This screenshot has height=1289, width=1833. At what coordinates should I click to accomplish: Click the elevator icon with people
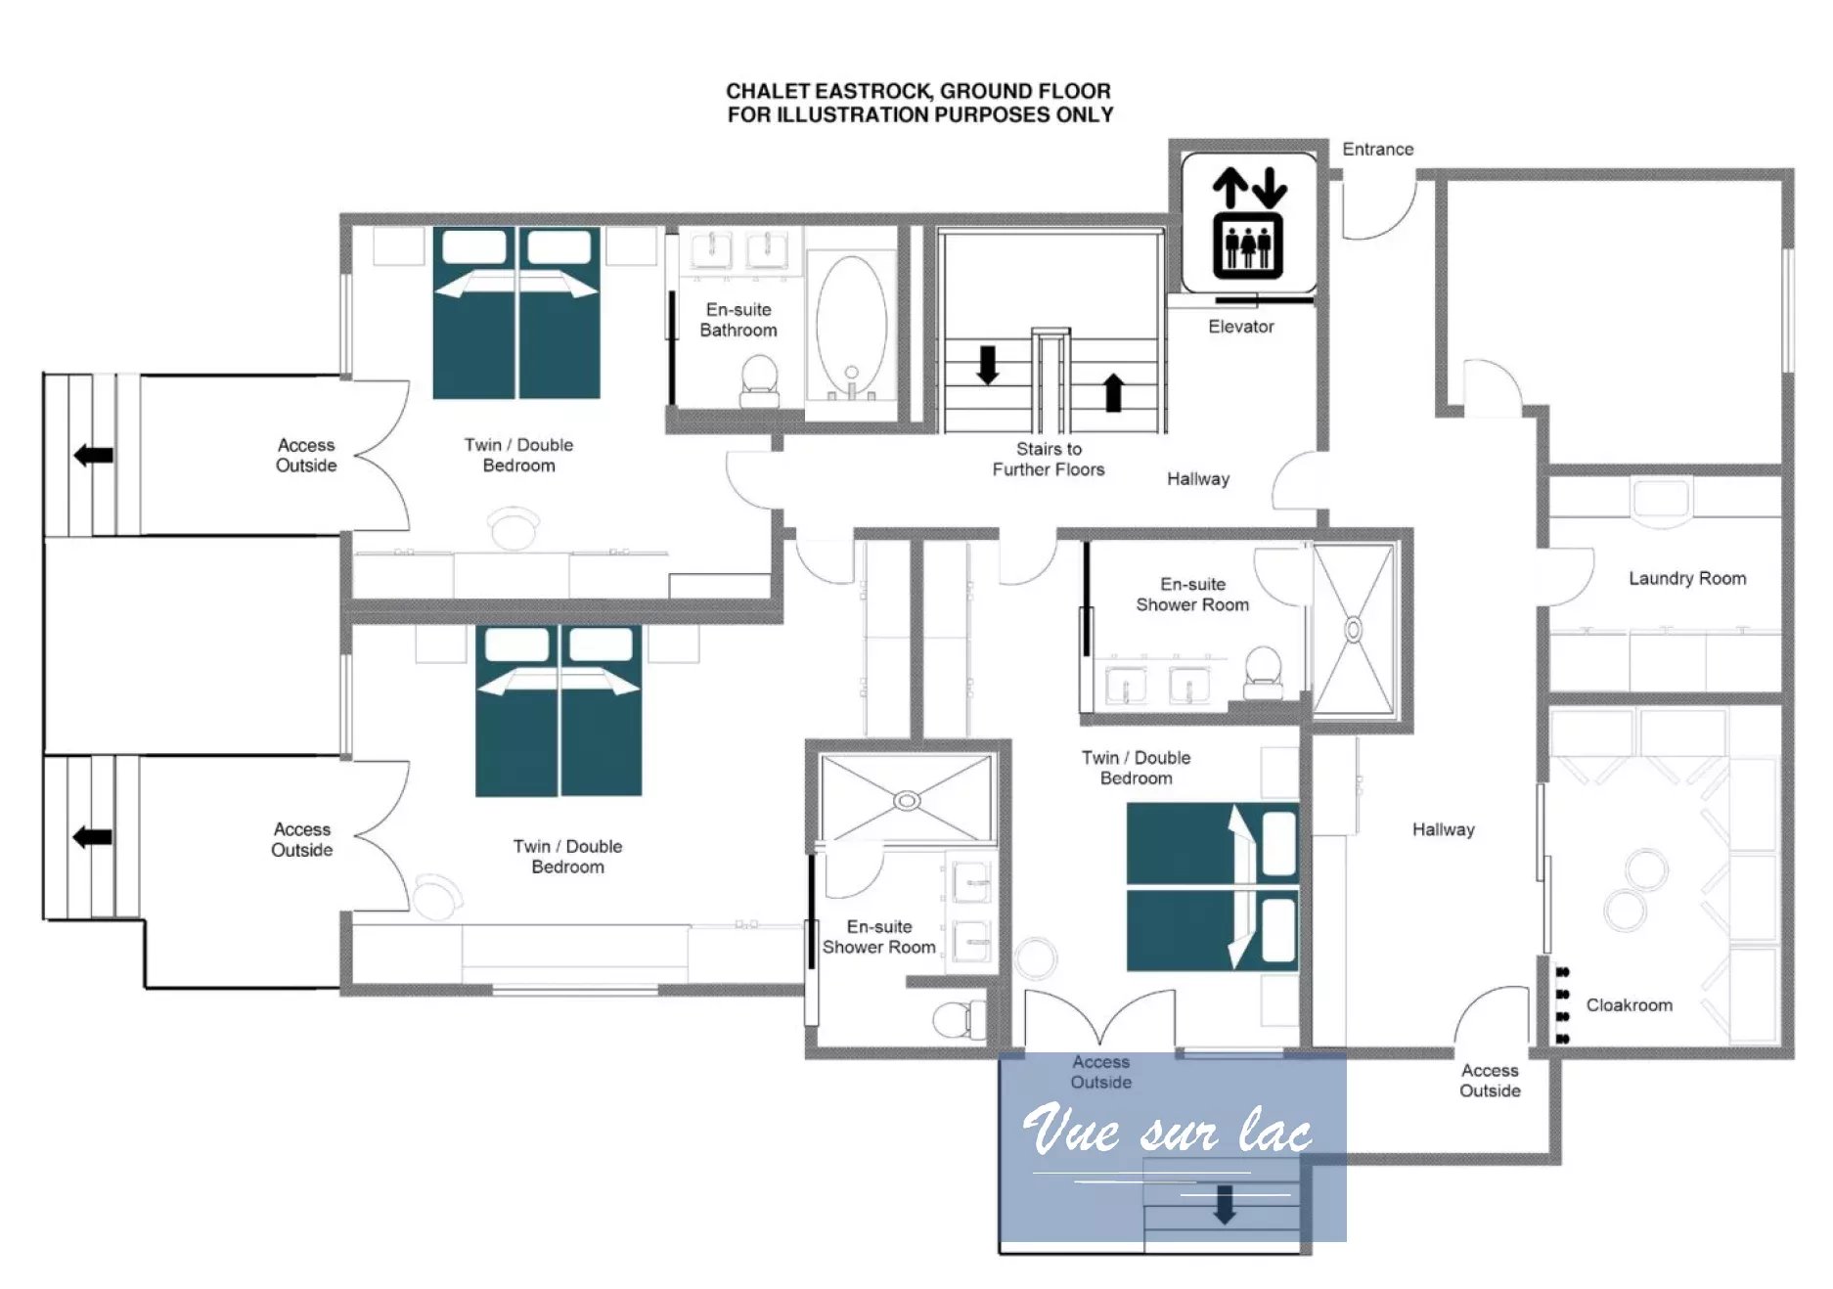(1248, 223)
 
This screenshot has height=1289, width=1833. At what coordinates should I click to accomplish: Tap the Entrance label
(1377, 150)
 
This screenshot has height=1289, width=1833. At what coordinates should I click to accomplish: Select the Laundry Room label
(1687, 578)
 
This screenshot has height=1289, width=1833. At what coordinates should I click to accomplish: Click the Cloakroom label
(1629, 1005)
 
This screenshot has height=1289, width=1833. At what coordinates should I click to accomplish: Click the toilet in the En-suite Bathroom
(759, 381)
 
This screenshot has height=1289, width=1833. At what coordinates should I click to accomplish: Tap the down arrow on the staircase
(988, 364)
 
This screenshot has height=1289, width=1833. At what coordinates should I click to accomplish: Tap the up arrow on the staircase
(1113, 391)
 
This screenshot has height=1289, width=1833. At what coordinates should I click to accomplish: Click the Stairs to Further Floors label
(1049, 459)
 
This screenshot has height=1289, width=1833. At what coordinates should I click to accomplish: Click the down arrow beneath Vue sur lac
(1224, 1205)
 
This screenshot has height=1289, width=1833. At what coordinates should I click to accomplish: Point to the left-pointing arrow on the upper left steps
(93, 455)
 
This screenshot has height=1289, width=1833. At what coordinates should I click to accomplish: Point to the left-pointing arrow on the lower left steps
(92, 837)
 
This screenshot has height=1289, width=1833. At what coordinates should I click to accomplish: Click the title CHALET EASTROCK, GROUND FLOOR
(918, 91)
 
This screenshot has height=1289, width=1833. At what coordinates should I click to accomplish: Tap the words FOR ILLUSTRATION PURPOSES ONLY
(919, 115)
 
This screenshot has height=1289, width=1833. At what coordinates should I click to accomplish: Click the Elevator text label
(1241, 327)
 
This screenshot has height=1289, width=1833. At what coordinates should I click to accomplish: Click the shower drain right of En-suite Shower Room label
(1354, 629)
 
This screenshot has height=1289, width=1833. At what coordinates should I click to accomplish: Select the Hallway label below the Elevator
(1198, 479)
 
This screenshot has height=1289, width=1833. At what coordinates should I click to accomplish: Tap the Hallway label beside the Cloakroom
(1443, 829)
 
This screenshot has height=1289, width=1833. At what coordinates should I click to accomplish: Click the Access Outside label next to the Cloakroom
(1490, 1081)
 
